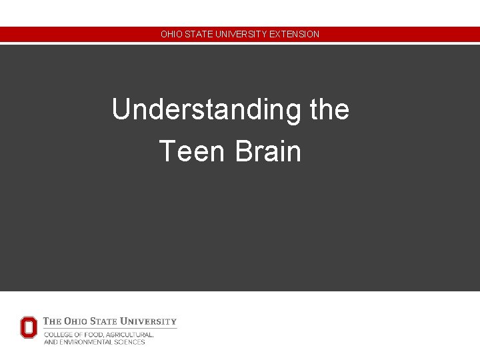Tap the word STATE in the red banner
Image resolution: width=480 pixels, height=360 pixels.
click(196, 34)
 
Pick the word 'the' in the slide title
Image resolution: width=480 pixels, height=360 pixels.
click(329, 110)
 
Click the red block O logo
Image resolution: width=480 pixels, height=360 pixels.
click(29, 327)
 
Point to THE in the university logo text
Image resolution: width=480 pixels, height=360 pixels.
click(53, 321)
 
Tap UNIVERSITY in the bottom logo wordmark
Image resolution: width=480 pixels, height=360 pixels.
click(153, 321)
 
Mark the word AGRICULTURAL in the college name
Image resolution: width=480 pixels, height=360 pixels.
click(129, 335)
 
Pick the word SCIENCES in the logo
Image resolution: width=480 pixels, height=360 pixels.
click(131, 342)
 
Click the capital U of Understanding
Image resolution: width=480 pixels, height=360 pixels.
click(121, 110)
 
